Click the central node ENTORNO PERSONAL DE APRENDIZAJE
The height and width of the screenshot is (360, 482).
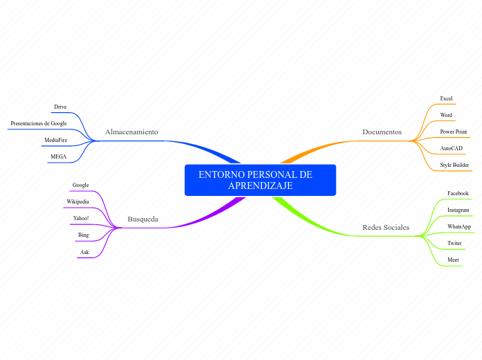tap(260, 180)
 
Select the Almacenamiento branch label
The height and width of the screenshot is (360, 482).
tap(132, 132)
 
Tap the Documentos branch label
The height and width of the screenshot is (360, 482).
tap(382, 132)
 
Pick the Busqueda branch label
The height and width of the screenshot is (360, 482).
tap(143, 219)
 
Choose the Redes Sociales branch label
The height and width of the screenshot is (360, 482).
tap(386, 227)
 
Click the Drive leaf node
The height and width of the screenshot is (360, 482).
tap(60, 107)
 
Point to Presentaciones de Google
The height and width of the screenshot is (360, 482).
tap(39, 123)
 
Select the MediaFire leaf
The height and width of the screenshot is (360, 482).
tap(55, 140)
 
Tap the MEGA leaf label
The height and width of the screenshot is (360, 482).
tap(58, 156)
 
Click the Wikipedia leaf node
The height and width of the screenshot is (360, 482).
tap(78, 201)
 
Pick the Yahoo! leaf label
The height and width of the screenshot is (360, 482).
tap(81, 218)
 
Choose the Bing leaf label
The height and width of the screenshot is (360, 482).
tap(83, 235)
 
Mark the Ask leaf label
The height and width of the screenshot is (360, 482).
tap(84, 252)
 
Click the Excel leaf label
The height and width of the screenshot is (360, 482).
tap(446, 98)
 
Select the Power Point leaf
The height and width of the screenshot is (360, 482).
tap(453, 132)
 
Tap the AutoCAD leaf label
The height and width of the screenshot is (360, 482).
tap(451, 148)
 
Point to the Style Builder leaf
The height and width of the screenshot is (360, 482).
tap(454, 165)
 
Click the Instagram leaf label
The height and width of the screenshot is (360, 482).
tap(458, 210)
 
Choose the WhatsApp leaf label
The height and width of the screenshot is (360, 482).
tap(458, 226)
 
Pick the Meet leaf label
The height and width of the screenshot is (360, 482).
tap(453, 260)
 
